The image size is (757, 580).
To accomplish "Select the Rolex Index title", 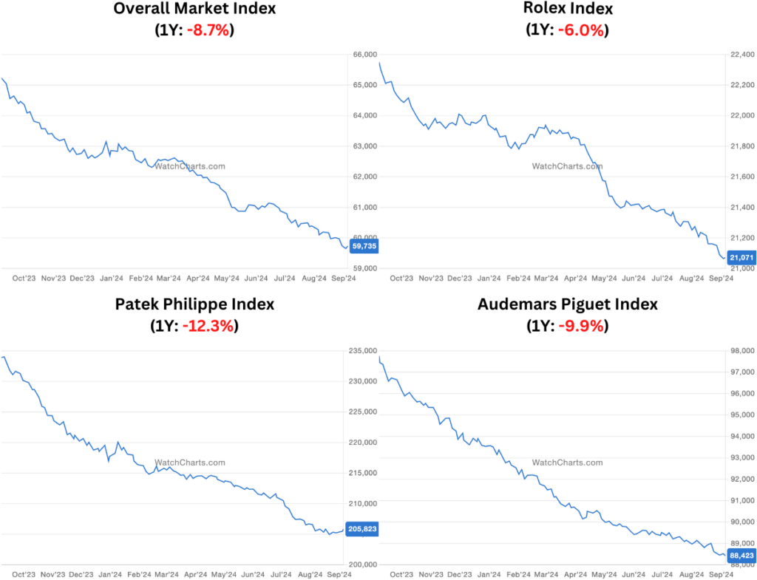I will click(568, 10).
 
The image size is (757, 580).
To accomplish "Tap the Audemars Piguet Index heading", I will click(568, 304).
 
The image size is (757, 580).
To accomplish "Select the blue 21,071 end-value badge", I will click(741, 257).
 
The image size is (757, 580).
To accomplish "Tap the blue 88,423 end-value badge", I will click(741, 555).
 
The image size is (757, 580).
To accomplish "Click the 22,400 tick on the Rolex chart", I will click(741, 55).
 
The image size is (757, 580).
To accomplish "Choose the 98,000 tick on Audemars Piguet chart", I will click(741, 351).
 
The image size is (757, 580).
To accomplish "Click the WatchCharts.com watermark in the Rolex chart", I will click(567, 166).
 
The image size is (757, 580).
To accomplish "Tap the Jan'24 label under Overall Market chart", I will click(111, 279).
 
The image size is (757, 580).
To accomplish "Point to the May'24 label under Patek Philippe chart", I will click(226, 573).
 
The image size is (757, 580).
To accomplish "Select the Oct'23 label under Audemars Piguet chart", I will click(401, 573).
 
